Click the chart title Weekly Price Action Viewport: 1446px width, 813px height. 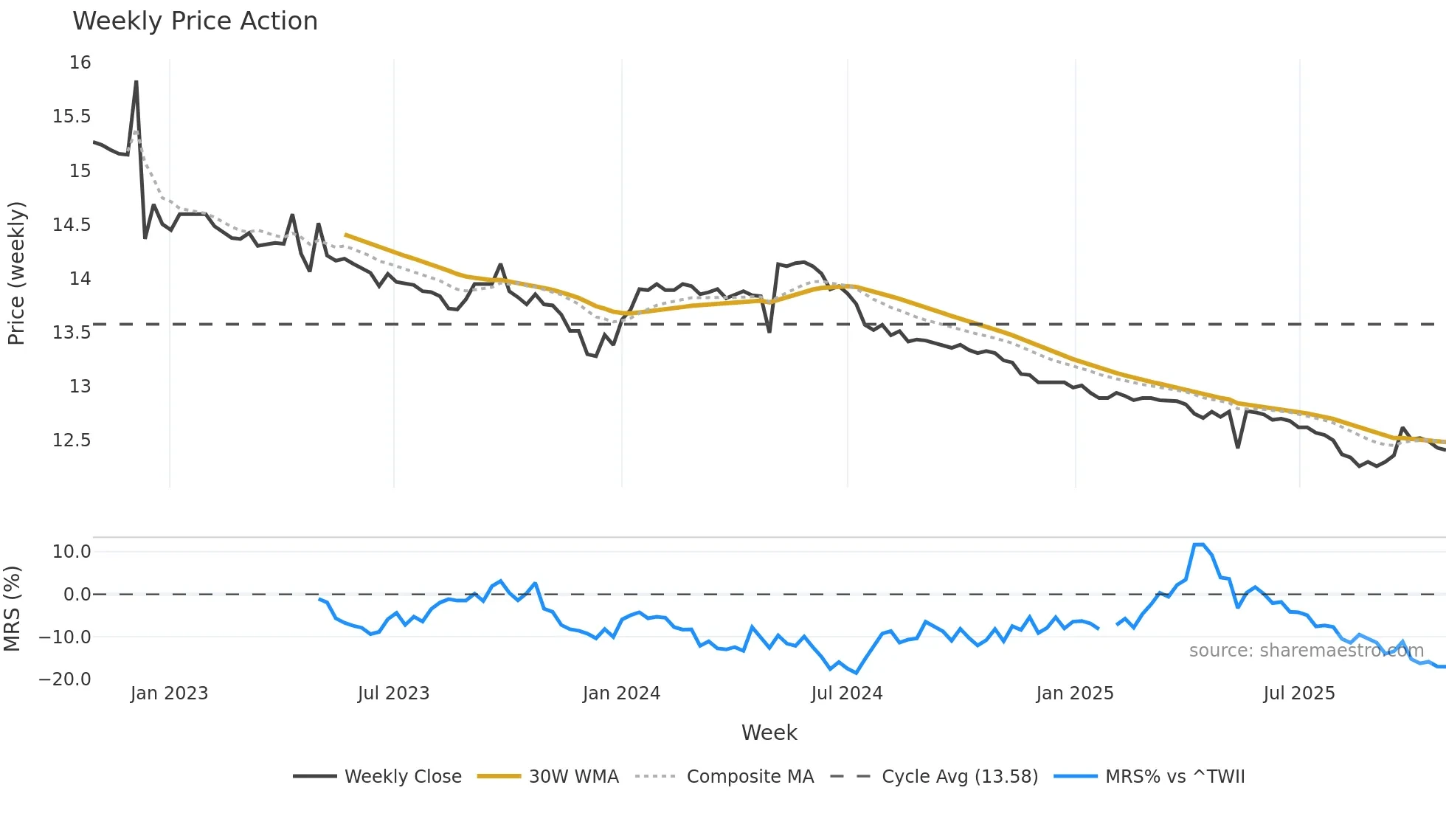coord(195,21)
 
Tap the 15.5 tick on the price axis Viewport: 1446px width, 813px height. coord(71,117)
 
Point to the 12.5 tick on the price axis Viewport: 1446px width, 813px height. coord(71,440)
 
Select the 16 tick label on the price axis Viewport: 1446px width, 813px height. coord(80,63)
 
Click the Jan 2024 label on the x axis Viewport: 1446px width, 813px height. coord(621,693)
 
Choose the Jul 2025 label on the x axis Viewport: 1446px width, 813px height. coord(1298,693)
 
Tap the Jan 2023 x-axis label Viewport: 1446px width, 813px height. coord(169,693)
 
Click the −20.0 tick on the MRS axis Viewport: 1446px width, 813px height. coord(65,679)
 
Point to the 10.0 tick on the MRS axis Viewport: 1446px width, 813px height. coord(71,552)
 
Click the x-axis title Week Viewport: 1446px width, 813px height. coord(769,733)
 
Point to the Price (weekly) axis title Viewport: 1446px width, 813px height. coord(16,273)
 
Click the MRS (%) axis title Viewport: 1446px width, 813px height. coord(12,609)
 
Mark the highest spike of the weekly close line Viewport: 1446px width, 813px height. coord(136,82)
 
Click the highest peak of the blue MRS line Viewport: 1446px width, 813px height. coord(1199,544)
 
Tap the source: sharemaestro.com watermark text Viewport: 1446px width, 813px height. coord(1306,651)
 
